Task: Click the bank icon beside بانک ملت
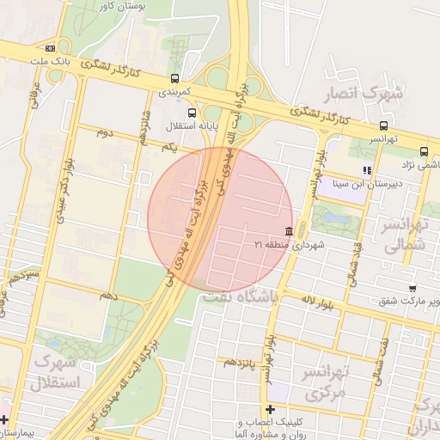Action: coord(51,48)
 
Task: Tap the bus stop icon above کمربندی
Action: coord(175,78)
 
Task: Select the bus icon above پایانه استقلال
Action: coord(190,111)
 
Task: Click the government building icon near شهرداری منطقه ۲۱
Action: coord(287,232)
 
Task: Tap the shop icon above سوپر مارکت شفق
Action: coord(412,289)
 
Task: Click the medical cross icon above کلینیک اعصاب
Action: coord(271,409)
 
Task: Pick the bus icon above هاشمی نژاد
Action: coord(424,151)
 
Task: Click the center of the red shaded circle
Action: coord(220,219)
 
